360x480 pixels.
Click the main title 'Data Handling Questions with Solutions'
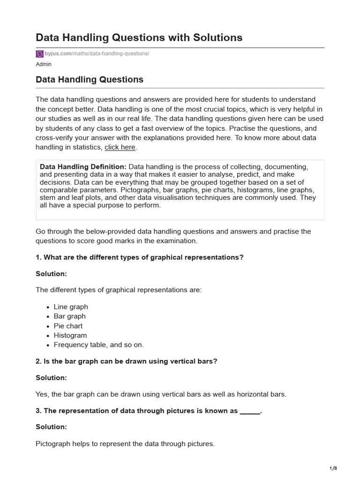coord(139,37)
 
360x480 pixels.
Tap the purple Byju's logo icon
coord(39,54)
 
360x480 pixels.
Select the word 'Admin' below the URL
coord(44,64)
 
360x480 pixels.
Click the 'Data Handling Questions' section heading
coord(90,80)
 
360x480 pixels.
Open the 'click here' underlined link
coord(120,147)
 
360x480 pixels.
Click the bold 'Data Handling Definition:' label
coord(83,167)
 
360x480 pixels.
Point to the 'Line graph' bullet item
coord(71,307)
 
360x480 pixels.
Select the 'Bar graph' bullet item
coord(69,316)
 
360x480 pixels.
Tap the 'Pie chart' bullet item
coord(68,326)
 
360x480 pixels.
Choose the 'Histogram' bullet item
coord(70,335)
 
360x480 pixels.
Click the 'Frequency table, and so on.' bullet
coord(98,345)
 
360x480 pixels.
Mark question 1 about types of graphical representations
coord(140,257)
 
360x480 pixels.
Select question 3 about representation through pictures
coord(149,411)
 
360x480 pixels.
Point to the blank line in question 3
coord(249,411)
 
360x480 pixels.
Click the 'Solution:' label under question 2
coord(51,377)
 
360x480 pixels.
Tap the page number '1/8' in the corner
coord(333,468)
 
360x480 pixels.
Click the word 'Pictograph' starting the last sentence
coord(53,443)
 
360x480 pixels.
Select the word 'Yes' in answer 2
coord(42,394)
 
